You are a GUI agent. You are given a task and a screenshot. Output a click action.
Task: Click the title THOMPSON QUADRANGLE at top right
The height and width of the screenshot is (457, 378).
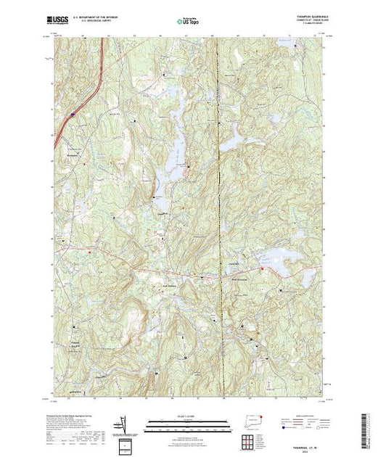tap(303, 17)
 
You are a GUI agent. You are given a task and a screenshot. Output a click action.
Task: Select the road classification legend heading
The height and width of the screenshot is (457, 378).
tap(303, 414)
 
